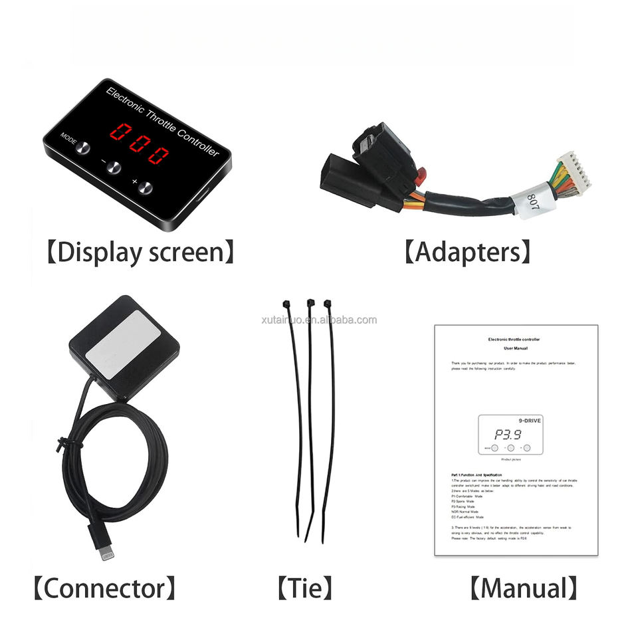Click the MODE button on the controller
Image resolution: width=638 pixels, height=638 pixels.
[x=82, y=148]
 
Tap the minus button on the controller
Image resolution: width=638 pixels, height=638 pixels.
[x=114, y=168]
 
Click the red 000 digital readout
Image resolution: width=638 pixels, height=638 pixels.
[x=139, y=144]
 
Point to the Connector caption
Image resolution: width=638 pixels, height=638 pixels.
[x=106, y=587]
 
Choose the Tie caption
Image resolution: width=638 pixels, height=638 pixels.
[x=304, y=587]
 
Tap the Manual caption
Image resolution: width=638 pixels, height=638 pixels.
[x=523, y=587]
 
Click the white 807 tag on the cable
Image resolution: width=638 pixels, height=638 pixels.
[x=532, y=204]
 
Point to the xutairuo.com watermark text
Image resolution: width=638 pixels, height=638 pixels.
[x=320, y=320]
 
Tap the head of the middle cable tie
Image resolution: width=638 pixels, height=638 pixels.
[x=310, y=304]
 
